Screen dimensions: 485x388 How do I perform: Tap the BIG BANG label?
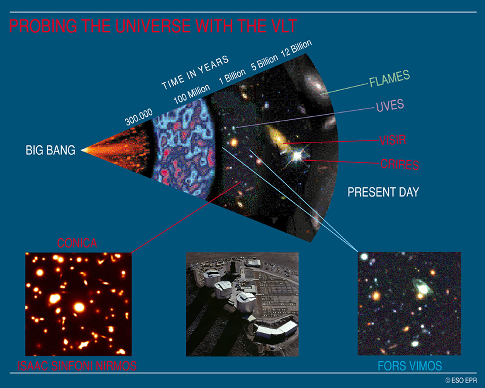[50, 150]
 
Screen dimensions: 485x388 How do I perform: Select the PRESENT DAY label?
[383, 192]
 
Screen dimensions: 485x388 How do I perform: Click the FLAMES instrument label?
[390, 78]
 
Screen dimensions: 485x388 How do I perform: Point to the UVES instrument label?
[390, 105]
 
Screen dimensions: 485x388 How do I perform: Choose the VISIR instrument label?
[393, 140]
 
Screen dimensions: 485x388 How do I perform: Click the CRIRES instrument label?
[400, 164]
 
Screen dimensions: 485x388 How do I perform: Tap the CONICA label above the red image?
[77, 243]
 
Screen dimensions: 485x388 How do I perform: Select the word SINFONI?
[72, 366]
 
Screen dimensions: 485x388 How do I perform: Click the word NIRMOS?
[116, 366]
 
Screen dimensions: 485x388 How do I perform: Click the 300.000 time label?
[139, 117]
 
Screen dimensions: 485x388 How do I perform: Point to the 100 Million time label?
[192, 94]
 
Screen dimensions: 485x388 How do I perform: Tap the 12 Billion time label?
[296, 48]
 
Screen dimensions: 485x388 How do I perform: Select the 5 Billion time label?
[264, 63]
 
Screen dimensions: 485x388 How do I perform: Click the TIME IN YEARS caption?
[195, 73]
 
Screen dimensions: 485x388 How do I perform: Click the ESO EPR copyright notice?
[461, 380]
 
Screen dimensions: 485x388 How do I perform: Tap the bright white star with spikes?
[297, 155]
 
